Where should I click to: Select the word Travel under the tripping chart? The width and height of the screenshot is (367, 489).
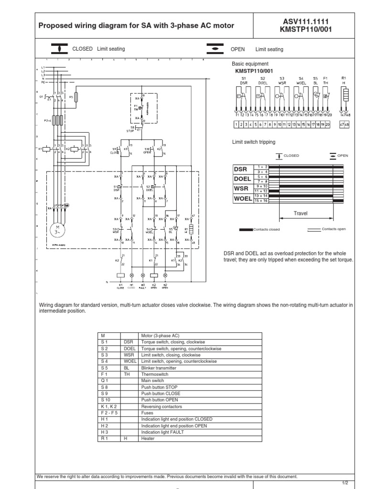pyautogui.click(x=301, y=213)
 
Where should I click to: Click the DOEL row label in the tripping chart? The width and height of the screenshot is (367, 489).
pyautogui.click(x=241, y=179)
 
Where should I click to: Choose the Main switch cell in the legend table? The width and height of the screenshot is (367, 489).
pyautogui.click(x=152, y=381)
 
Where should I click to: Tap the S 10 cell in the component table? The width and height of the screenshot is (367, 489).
pyautogui.click(x=106, y=399)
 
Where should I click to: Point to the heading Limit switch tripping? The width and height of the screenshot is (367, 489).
pyautogui.click(x=253, y=142)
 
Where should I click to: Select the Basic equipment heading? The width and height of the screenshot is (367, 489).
pyautogui.click(x=250, y=64)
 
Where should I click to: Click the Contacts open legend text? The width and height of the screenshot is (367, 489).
pyautogui.click(x=334, y=229)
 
